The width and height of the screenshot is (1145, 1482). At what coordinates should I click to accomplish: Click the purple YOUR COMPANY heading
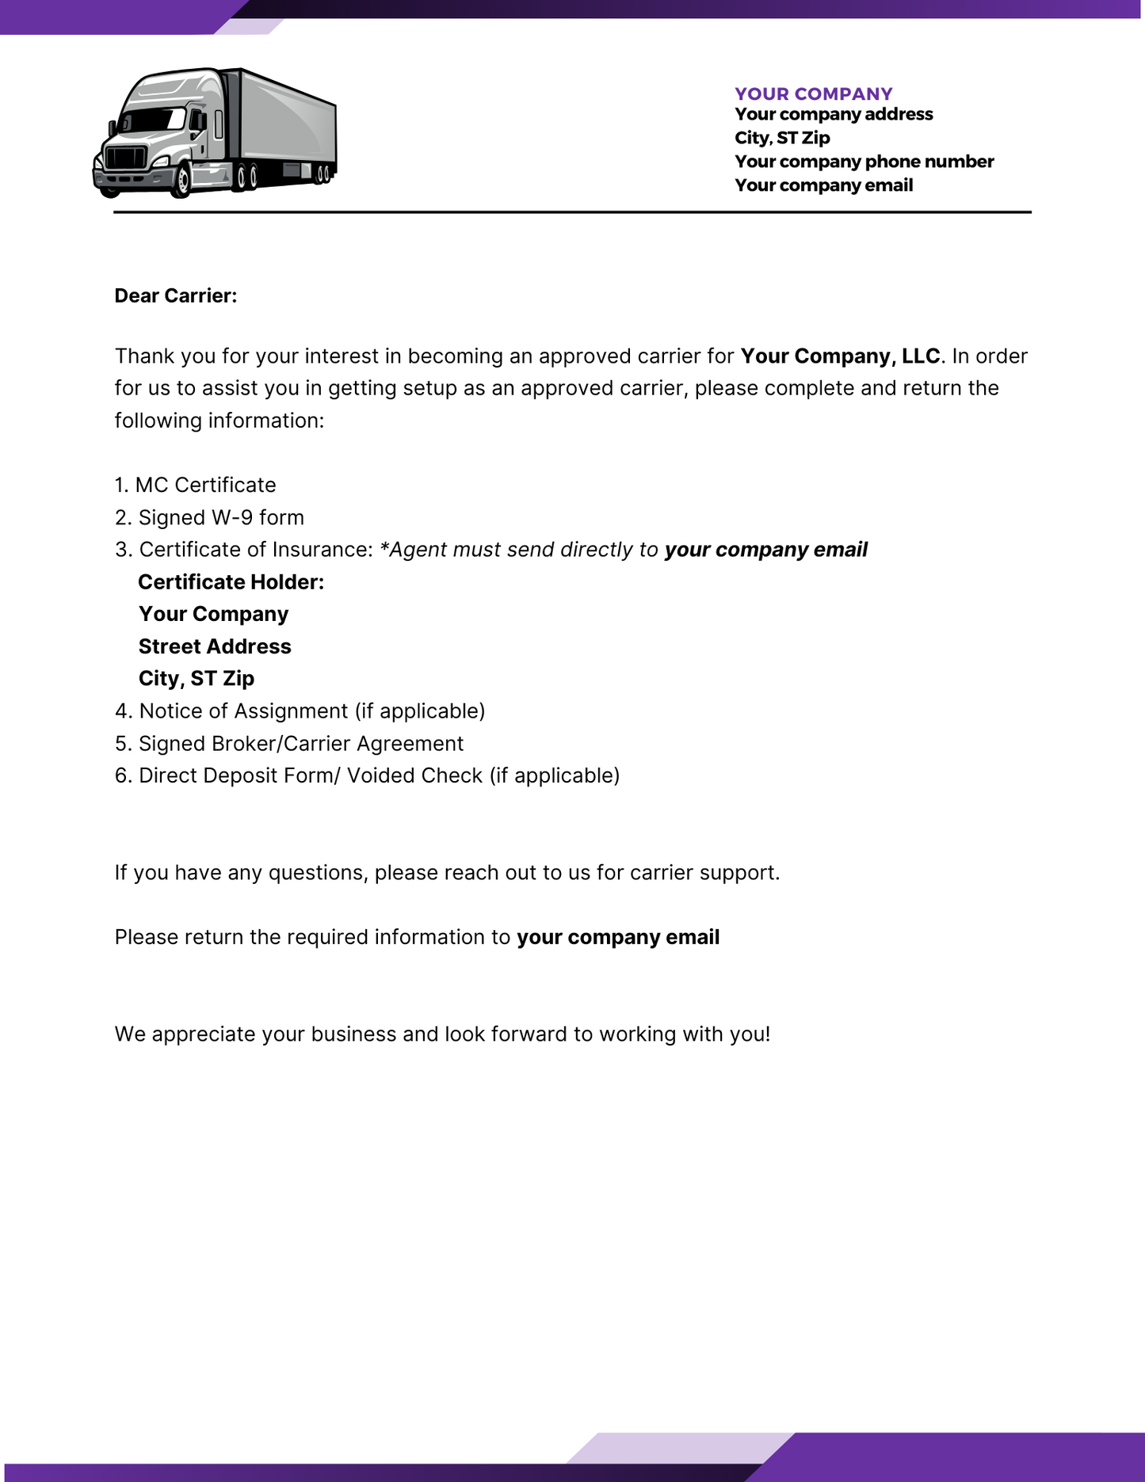click(813, 93)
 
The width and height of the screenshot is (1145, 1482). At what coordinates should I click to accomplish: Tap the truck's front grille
click(125, 158)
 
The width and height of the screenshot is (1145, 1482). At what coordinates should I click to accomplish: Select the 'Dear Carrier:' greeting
click(176, 295)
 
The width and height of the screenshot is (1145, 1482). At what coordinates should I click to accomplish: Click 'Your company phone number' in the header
click(864, 162)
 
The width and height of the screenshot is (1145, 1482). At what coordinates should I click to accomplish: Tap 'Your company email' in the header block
click(823, 185)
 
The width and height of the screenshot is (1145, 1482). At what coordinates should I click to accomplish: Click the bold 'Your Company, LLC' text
click(840, 356)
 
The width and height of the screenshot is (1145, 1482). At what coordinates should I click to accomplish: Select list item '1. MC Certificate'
click(196, 485)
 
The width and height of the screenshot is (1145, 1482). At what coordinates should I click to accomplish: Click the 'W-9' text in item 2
click(232, 517)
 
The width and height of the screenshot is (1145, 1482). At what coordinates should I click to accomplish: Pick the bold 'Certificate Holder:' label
click(231, 582)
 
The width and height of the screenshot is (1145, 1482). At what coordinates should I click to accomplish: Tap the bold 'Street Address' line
click(215, 646)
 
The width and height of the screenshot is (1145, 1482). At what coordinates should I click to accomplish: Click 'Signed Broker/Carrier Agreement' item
click(300, 744)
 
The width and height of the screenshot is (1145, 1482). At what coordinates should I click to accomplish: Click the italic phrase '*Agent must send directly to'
click(519, 550)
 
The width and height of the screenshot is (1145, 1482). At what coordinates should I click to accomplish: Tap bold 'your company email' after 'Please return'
click(618, 937)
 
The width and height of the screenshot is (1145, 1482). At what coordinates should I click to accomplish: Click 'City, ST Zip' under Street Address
click(197, 679)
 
